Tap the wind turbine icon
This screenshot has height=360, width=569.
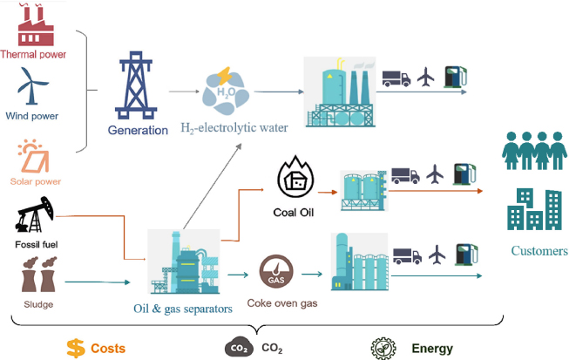pyautogui.click(x=32, y=86)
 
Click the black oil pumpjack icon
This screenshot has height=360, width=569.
pyautogui.click(x=35, y=214)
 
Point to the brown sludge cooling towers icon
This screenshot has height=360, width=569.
pyautogui.click(x=39, y=275)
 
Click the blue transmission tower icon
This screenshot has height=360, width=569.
pyautogui.click(x=136, y=85)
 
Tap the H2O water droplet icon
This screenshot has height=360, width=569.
pyautogui.click(x=226, y=91)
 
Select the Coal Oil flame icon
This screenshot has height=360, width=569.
pyautogui.click(x=295, y=177)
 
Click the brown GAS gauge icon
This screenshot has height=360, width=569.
pyautogui.click(x=276, y=272)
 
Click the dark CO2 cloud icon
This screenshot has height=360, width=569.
pyautogui.click(x=239, y=347)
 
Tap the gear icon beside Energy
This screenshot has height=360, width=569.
pyautogui.click(x=383, y=349)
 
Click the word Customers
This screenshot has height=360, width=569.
pyautogui.click(x=539, y=251)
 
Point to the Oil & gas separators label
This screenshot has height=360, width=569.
pyautogui.click(x=183, y=309)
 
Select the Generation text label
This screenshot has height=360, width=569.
pyautogui.click(x=138, y=130)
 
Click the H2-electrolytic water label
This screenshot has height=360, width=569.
pyautogui.click(x=234, y=128)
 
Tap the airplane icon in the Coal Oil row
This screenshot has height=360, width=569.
pyautogui.click(x=435, y=173)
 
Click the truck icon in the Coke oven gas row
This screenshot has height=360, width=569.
pyautogui.click(x=407, y=256)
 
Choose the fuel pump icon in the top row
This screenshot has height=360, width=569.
pyautogui.click(x=456, y=77)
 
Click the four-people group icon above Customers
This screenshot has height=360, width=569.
pyautogui.click(x=534, y=151)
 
